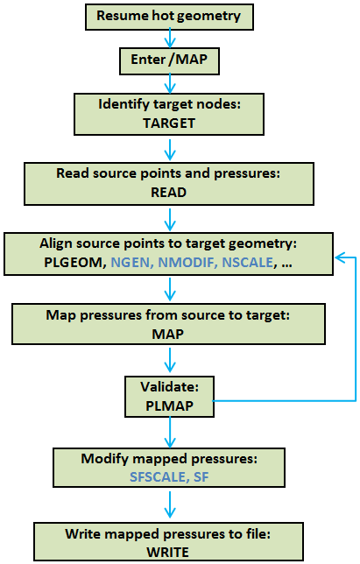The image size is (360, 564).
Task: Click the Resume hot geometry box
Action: pyautogui.click(x=169, y=17)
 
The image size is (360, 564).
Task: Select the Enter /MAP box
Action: pyautogui.click(x=169, y=60)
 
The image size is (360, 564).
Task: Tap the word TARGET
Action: pyautogui.click(x=169, y=123)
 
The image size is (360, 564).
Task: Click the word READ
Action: pyautogui.click(x=169, y=193)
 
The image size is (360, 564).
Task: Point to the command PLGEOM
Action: pyautogui.click(x=73, y=263)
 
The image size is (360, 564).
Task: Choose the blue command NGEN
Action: pyautogui.click(x=131, y=263)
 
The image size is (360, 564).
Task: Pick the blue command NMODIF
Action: pyautogui.click(x=187, y=263)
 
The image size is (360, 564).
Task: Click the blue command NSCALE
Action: pyautogui.click(x=247, y=263)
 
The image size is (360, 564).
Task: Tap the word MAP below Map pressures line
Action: pyautogui.click(x=168, y=335)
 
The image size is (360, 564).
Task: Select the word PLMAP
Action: pyautogui.click(x=169, y=406)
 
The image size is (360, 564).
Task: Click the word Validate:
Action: pyautogui.click(x=169, y=387)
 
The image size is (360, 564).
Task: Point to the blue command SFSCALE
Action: pyautogui.click(x=158, y=477)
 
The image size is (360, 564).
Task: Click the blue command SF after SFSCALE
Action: pyautogui.click(x=201, y=477)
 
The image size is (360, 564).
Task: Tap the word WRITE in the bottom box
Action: pyautogui.click(x=168, y=552)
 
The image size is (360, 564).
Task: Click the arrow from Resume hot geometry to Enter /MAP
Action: pyautogui.click(x=170, y=39)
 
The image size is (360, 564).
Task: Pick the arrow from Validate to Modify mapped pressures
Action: pyautogui.click(x=170, y=433)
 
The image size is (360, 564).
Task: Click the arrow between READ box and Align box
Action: pyautogui.click(x=170, y=220)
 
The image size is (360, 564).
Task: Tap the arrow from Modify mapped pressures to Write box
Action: pyautogui.click(x=170, y=504)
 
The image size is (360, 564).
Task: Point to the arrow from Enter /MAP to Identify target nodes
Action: pyautogui.click(x=170, y=84)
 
